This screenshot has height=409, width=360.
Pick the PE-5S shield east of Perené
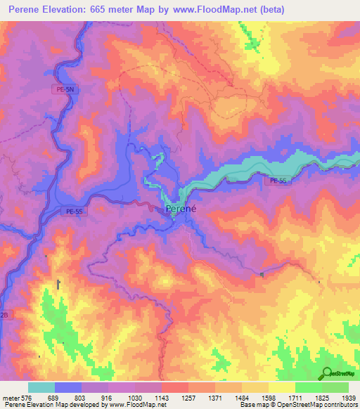pos(276,181)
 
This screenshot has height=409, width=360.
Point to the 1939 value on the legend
pos(349,398)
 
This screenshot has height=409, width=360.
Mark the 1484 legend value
pos(242,398)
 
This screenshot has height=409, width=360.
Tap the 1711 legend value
pos(295,398)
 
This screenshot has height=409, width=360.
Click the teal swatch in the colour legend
pos(41,387)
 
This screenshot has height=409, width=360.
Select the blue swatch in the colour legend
pos(68,387)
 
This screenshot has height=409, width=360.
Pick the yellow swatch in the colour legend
pos(282,387)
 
